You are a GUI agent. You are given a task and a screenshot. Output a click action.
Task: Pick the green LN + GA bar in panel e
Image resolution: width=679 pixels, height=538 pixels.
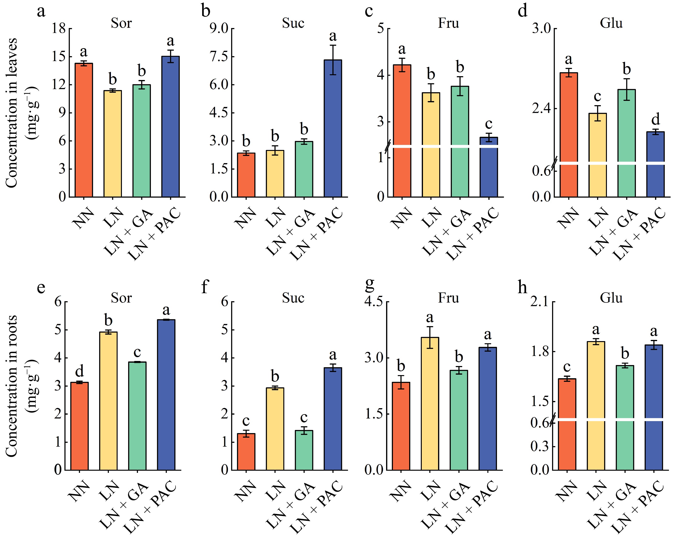[137, 416]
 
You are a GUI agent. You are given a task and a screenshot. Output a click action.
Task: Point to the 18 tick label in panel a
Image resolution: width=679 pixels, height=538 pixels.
[59, 29]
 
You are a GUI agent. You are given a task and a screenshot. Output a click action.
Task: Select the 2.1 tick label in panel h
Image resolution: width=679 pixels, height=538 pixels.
[539, 302]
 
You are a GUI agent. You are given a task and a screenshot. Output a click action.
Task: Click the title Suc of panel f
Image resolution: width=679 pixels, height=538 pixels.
[293, 298]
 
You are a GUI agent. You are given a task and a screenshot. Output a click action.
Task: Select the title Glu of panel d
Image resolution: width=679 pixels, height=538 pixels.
[611, 23]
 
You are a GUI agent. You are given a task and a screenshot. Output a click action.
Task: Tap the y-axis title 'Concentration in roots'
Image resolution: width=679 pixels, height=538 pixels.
[12, 386]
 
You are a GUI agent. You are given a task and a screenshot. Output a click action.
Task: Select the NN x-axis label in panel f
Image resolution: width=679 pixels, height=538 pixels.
[246, 491]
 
